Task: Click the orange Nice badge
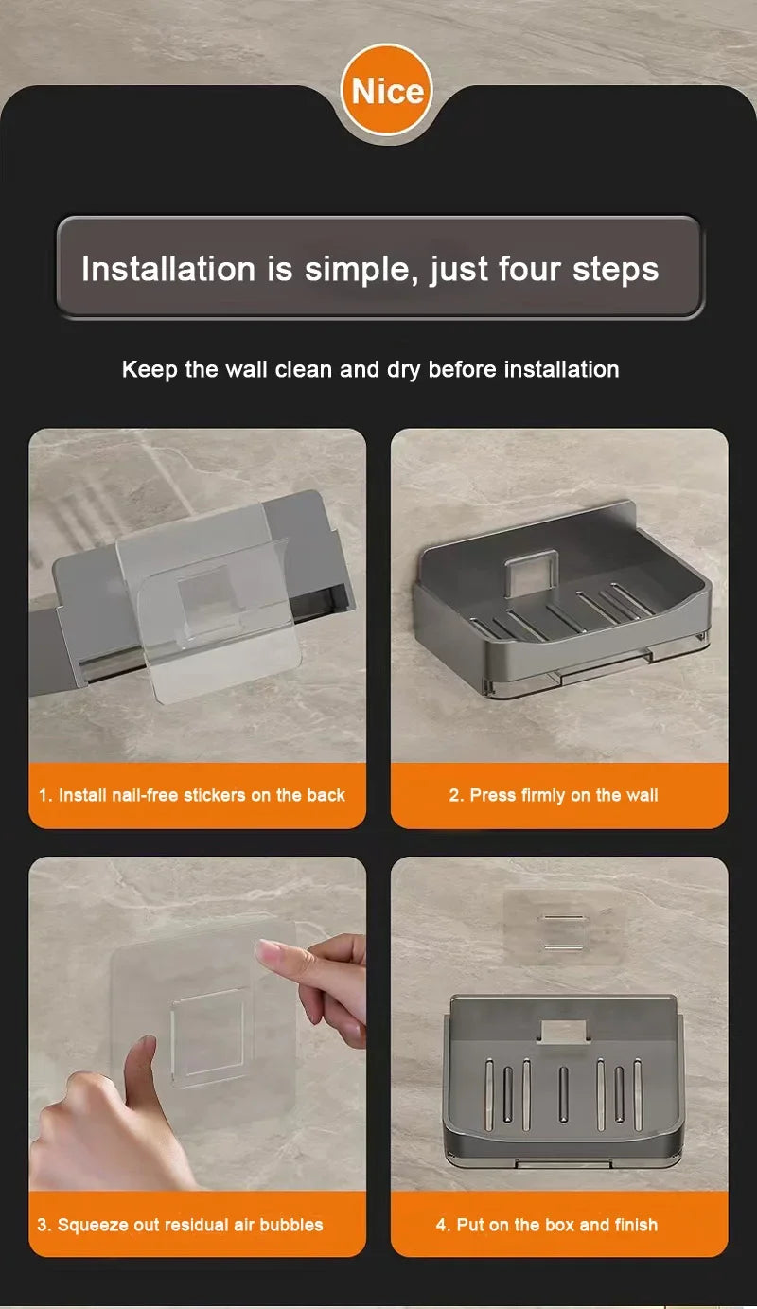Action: pos(386,92)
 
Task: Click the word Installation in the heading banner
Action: pos(167,269)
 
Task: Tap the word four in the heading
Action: pos(519,269)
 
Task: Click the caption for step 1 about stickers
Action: pos(192,795)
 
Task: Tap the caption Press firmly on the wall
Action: pos(553,795)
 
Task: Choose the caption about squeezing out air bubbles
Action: pos(180,1225)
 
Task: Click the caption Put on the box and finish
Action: pos(546,1225)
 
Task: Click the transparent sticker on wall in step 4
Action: pos(560,928)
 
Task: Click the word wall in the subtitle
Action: pos(246,369)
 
